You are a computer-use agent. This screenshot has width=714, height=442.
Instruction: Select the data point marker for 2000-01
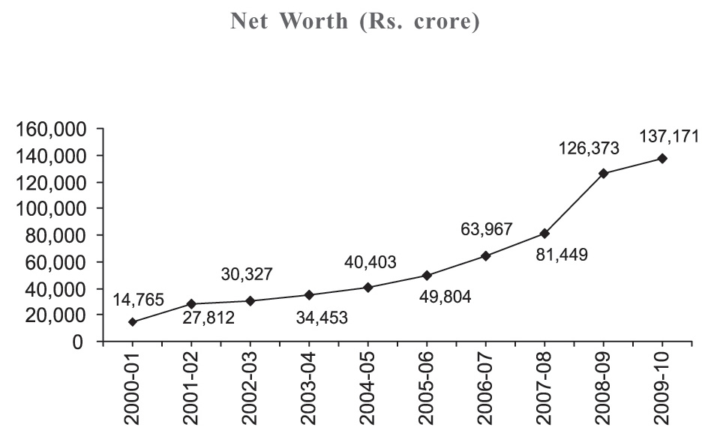(133, 322)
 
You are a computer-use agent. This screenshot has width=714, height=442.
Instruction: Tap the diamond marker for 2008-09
(604, 173)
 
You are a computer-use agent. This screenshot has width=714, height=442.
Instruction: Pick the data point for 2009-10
(662, 159)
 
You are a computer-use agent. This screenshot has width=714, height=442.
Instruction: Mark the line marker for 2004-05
(368, 287)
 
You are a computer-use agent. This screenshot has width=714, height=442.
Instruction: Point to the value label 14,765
(139, 300)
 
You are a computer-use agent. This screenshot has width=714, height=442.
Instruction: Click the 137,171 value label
(669, 136)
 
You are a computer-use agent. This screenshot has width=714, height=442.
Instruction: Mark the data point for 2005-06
(427, 276)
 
